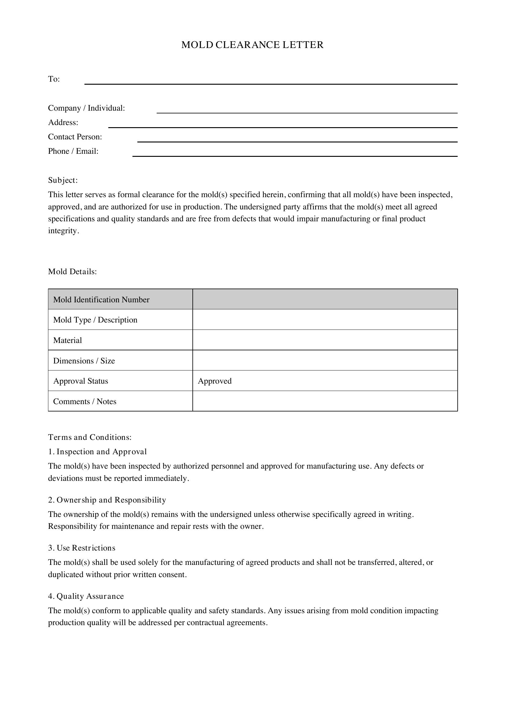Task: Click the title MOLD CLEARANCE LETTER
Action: click(x=252, y=45)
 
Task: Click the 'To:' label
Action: click(x=54, y=79)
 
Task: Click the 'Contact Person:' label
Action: click(x=75, y=137)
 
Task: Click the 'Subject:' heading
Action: click(x=63, y=180)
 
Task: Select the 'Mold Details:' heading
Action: click(x=72, y=271)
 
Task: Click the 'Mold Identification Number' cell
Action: click(x=101, y=300)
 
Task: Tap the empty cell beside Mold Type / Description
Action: click(x=325, y=319)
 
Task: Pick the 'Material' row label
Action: click(x=68, y=340)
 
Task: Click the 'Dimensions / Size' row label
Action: click(x=84, y=361)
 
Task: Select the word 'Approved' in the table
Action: click(x=215, y=381)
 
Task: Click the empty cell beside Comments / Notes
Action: click(x=325, y=401)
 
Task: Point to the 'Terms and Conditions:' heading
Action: click(x=90, y=437)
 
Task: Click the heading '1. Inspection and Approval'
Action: click(x=97, y=451)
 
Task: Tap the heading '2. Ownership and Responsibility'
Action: click(x=107, y=500)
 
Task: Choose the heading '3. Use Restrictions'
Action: click(x=82, y=548)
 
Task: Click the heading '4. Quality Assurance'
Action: click(x=86, y=596)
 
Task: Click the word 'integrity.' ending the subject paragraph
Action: click(x=64, y=231)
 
